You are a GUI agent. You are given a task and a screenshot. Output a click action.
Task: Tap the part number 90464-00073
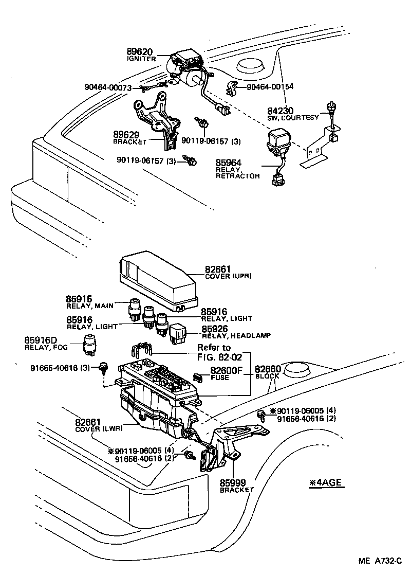(x=108, y=87)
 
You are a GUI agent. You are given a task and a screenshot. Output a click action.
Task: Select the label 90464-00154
(x=270, y=87)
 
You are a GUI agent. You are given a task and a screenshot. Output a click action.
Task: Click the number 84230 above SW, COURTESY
(x=280, y=111)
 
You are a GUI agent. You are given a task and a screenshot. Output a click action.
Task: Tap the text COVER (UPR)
(x=228, y=276)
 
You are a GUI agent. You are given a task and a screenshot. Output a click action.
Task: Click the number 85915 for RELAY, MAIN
(x=79, y=299)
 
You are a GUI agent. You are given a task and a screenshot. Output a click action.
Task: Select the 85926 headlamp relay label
(x=215, y=328)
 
